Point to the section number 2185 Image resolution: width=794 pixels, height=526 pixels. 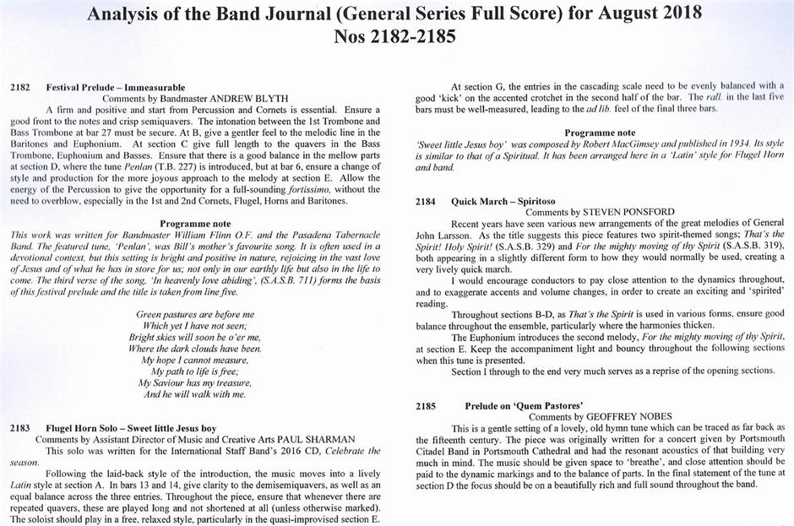tap(426, 405)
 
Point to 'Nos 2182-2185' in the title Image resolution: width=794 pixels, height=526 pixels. tap(397, 37)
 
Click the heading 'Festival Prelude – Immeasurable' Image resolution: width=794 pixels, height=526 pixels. tap(116, 87)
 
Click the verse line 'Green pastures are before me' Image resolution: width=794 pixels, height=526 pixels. tap(195, 314)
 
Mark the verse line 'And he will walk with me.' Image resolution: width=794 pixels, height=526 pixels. tap(195, 393)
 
